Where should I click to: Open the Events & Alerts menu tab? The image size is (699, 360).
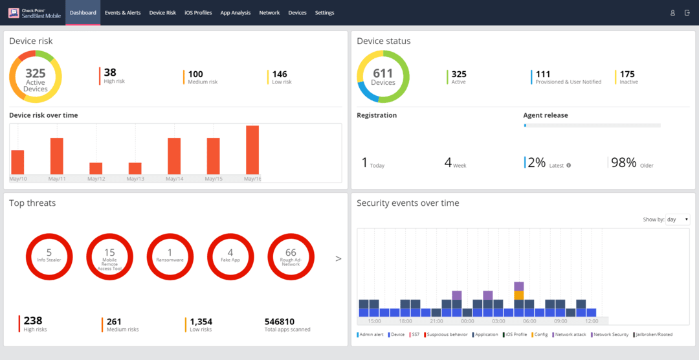(x=123, y=13)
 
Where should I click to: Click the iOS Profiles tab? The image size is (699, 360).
(x=198, y=13)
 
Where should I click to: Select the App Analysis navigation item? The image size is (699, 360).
(x=235, y=13)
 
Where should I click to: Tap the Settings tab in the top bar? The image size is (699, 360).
(x=325, y=13)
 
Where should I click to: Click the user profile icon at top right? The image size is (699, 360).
(x=672, y=13)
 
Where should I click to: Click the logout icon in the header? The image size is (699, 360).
(x=687, y=13)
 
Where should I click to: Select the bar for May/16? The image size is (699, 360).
(x=252, y=150)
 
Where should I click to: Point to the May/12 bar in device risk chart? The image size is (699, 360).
(x=96, y=168)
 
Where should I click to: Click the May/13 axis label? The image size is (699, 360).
(x=135, y=179)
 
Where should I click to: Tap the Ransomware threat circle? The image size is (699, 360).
(x=170, y=254)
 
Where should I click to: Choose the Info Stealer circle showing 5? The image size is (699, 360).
(x=49, y=254)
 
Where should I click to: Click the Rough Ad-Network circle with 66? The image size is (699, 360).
(x=291, y=254)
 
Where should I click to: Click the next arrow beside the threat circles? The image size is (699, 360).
(x=338, y=259)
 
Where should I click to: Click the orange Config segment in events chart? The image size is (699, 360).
(x=519, y=295)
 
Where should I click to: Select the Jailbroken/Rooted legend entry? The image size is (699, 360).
(x=654, y=335)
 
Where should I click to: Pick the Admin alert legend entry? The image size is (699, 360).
(x=372, y=335)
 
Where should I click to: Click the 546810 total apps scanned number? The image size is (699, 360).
(x=280, y=321)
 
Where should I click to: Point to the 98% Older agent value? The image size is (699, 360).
(x=624, y=163)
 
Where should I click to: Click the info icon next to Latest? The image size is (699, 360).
(x=569, y=166)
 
